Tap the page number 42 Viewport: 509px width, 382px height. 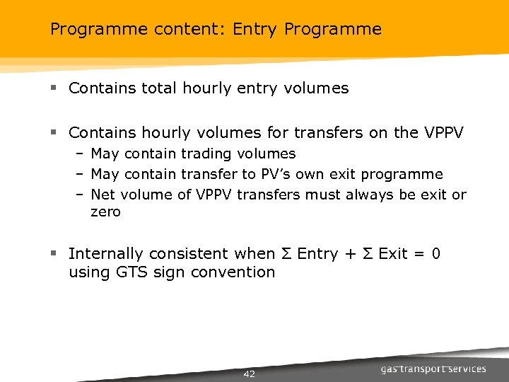point(249,374)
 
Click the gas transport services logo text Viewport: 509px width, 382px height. point(433,369)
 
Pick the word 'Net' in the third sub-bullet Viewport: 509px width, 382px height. point(103,195)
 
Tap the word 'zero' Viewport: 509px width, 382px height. point(106,212)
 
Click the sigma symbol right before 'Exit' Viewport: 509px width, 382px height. point(366,254)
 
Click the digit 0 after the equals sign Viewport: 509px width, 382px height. point(435,254)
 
